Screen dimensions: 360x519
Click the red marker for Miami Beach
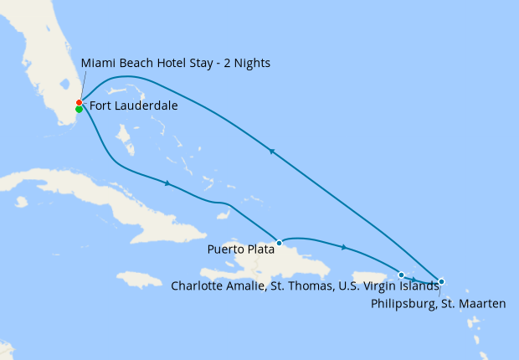[79, 103]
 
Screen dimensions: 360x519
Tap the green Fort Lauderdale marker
[79, 109]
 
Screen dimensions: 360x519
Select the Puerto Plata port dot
[279, 243]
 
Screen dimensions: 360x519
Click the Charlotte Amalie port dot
[402, 275]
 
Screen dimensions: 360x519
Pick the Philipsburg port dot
[441, 281]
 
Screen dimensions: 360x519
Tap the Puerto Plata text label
[240, 249]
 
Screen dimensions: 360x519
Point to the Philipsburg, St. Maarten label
[438, 303]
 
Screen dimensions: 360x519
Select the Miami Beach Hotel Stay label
[176, 63]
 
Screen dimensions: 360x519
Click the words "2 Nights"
[244, 63]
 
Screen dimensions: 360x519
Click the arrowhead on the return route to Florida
[270, 151]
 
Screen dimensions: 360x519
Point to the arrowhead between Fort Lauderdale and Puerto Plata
[169, 183]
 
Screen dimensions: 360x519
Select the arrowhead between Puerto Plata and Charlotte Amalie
[343, 247]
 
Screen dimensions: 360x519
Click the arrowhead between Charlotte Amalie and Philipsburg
[416, 278]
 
